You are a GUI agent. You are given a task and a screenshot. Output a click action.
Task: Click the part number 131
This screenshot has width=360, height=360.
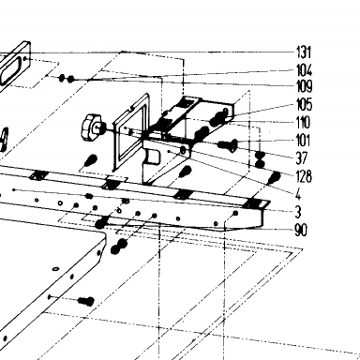[304, 52]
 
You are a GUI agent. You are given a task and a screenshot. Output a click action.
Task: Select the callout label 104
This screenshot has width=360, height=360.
[305, 70]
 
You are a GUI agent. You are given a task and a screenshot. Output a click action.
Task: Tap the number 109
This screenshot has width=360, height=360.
[305, 86]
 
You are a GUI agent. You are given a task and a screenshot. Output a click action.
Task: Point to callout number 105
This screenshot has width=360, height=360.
[305, 104]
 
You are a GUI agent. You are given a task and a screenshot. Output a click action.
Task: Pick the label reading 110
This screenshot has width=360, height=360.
[303, 123]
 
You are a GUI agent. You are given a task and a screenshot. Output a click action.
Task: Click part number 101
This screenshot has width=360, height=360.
[303, 141]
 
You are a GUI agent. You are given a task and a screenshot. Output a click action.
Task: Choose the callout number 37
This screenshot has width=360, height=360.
[302, 158]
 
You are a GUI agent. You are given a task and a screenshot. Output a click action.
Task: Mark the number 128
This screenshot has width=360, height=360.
[304, 176]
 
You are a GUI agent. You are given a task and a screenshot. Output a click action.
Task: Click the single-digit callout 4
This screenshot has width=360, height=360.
[298, 194]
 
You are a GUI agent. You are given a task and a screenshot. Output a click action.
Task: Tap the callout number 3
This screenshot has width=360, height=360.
[298, 212]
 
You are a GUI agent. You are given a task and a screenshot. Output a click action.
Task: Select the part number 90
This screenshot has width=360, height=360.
[301, 231]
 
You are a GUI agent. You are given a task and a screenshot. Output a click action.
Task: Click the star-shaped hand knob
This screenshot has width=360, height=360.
[91, 127]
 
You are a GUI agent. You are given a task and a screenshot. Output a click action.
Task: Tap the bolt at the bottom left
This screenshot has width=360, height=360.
[86, 301]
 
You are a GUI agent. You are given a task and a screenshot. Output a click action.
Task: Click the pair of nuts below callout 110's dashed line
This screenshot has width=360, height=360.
[260, 159]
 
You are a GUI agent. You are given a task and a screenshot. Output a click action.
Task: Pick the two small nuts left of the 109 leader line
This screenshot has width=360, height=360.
[67, 78]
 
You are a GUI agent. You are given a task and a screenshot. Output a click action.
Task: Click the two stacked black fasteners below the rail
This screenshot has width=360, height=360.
[119, 246]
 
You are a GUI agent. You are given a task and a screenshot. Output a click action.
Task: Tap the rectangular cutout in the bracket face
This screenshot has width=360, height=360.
[152, 157]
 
